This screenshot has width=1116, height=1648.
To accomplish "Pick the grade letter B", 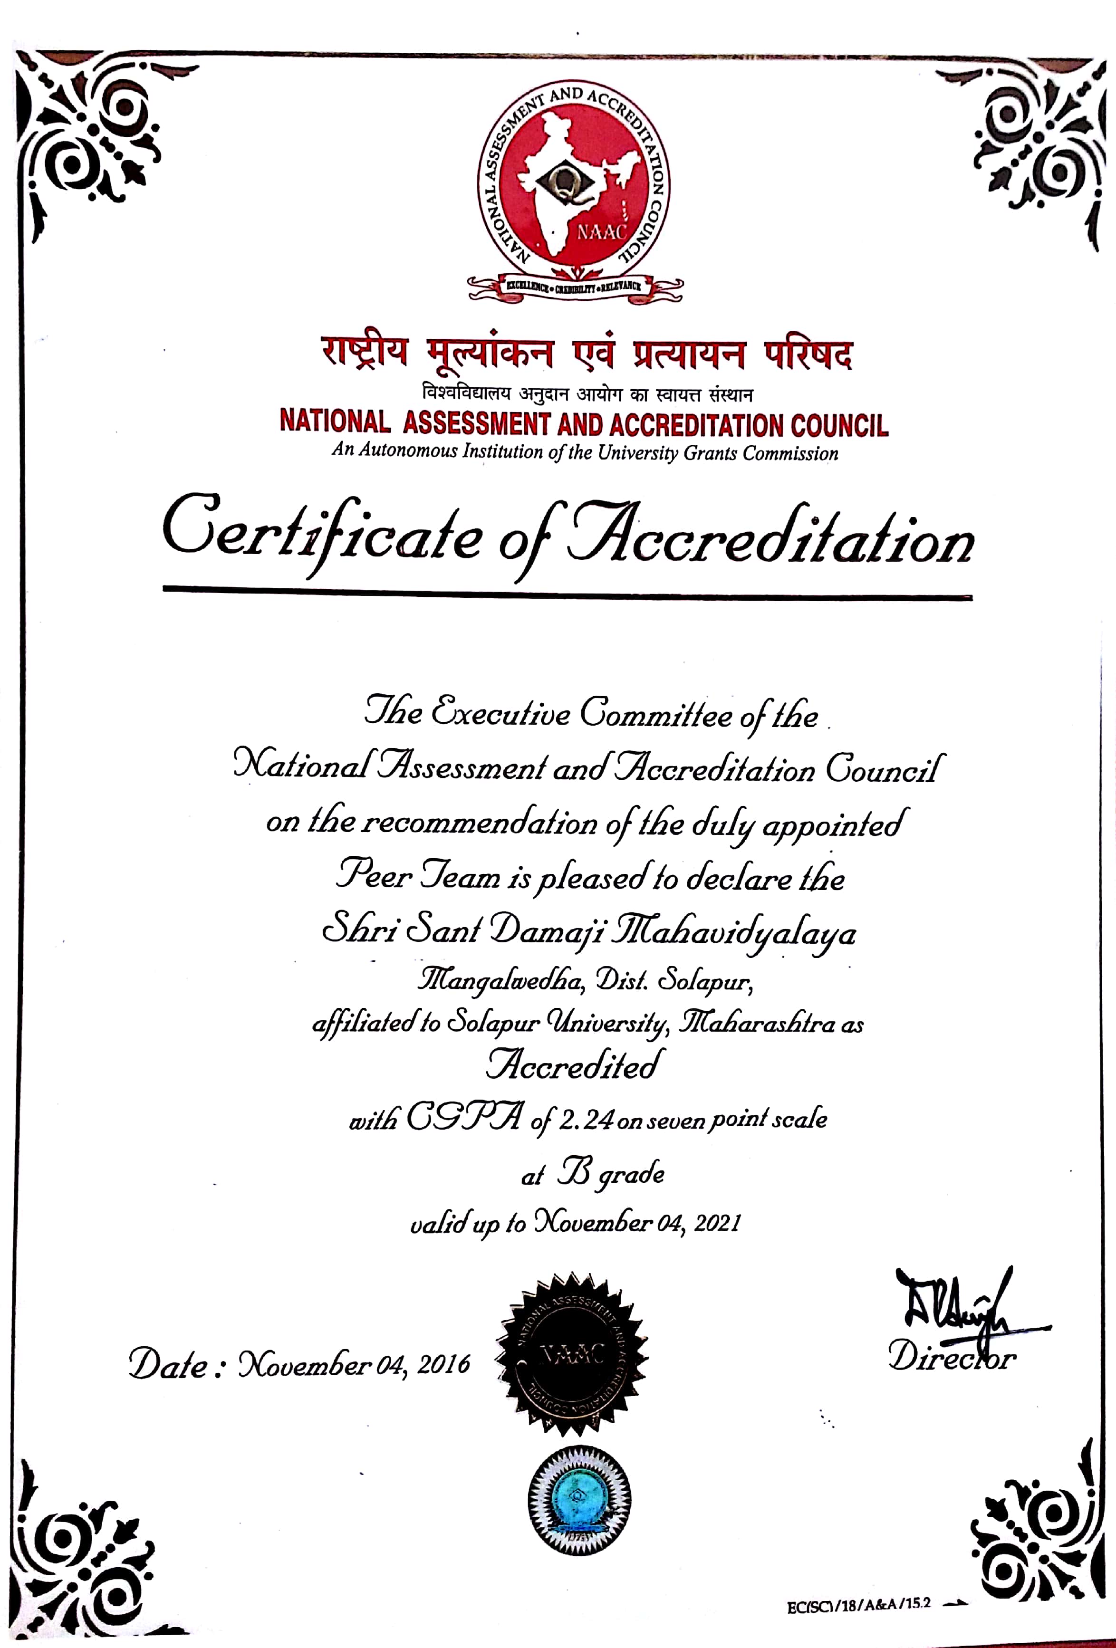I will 573,1173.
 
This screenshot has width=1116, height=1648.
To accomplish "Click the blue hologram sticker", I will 579,1501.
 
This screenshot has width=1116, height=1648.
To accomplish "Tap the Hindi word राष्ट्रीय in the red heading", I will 365,352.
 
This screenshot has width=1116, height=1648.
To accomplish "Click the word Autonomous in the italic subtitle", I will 408,451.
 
